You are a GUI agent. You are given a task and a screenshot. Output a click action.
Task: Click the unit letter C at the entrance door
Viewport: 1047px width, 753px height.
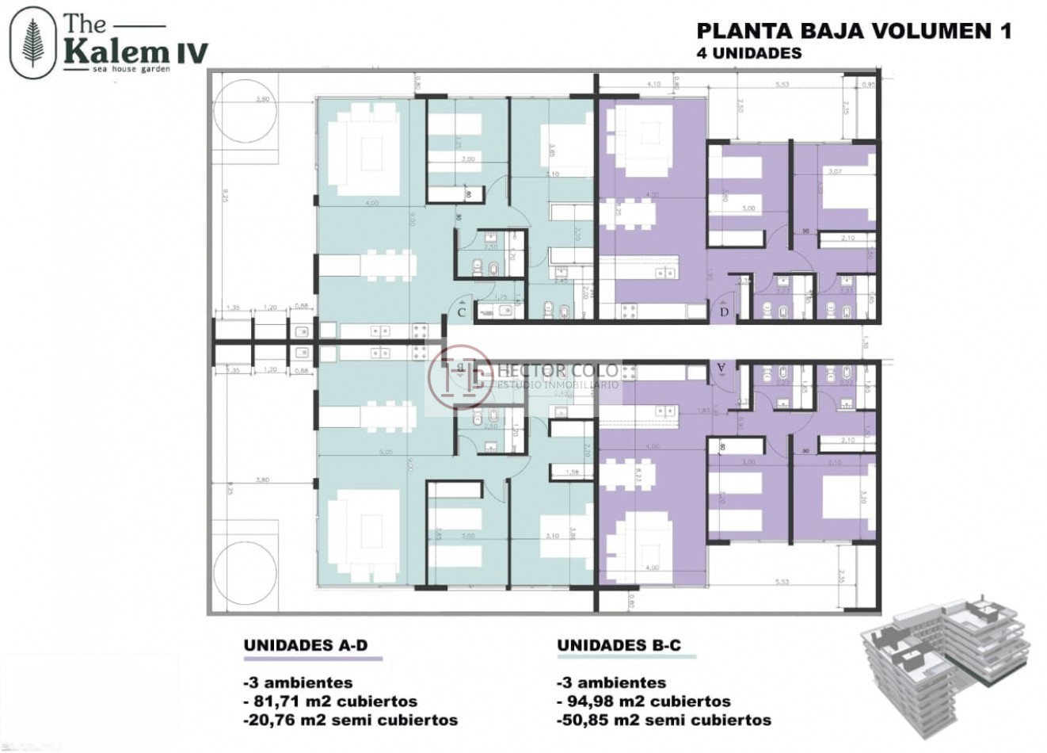pyautogui.click(x=462, y=313)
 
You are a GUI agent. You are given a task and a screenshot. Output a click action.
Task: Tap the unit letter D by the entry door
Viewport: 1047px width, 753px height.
pyautogui.click(x=724, y=312)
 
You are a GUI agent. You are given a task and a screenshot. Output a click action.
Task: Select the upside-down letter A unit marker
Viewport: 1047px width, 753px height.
pyautogui.click(x=721, y=367)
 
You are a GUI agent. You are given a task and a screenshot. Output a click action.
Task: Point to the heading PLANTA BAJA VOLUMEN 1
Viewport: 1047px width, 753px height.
pyautogui.click(x=853, y=31)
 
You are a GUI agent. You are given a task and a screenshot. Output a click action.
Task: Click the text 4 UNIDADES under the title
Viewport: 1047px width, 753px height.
pyautogui.click(x=748, y=53)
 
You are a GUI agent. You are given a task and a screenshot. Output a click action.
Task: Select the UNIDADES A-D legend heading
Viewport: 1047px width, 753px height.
pyautogui.click(x=306, y=645)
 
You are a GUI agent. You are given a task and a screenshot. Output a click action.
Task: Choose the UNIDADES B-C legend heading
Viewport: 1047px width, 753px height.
pyautogui.click(x=619, y=645)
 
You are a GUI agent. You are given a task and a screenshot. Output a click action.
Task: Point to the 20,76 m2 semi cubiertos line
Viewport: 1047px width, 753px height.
pyautogui.click(x=350, y=721)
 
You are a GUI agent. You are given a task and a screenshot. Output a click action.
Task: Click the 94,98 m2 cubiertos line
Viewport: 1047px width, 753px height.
pyautogui.click(x=644, y=701)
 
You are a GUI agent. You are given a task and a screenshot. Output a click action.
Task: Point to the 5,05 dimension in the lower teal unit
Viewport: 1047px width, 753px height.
pyautogui.click(x=386, y=453)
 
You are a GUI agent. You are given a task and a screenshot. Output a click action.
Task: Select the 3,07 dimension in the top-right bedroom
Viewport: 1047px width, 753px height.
pyautogui.click(x=834, y=171)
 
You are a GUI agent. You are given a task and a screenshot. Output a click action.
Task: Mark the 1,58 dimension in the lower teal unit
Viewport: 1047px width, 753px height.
pyautogui.click(x=574, y=473)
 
